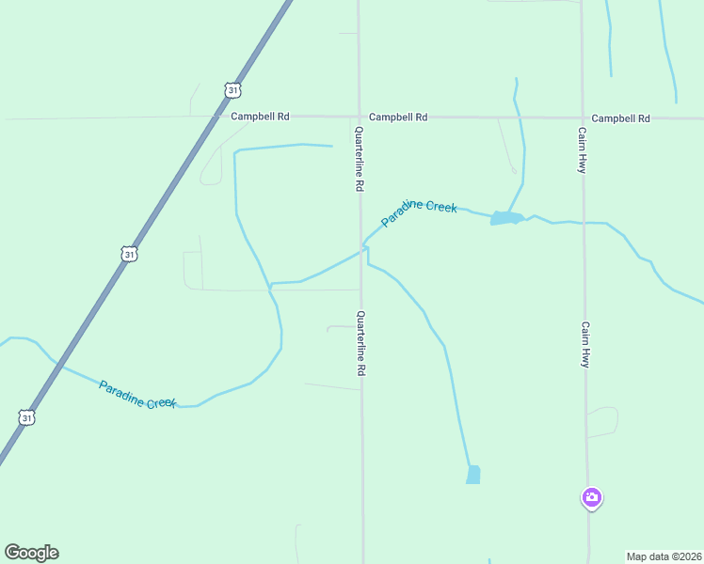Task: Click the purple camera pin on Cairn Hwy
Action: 591,497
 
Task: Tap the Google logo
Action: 31,553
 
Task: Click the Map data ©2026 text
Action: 664,556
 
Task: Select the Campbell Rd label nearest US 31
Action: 260,117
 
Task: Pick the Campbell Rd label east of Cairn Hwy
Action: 621,118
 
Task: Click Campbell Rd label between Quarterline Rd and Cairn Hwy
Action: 398,117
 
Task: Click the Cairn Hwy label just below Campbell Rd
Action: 583,149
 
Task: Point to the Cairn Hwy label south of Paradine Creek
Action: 584,345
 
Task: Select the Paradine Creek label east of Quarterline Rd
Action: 419,213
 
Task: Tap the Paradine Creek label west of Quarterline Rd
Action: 137,394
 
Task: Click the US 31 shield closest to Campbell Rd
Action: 233,89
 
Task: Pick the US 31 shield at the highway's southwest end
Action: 26,416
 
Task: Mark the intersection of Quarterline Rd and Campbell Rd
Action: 359,117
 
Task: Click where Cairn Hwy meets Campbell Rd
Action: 582,118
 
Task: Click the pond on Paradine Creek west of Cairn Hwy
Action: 505,218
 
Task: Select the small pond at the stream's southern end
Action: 473,475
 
